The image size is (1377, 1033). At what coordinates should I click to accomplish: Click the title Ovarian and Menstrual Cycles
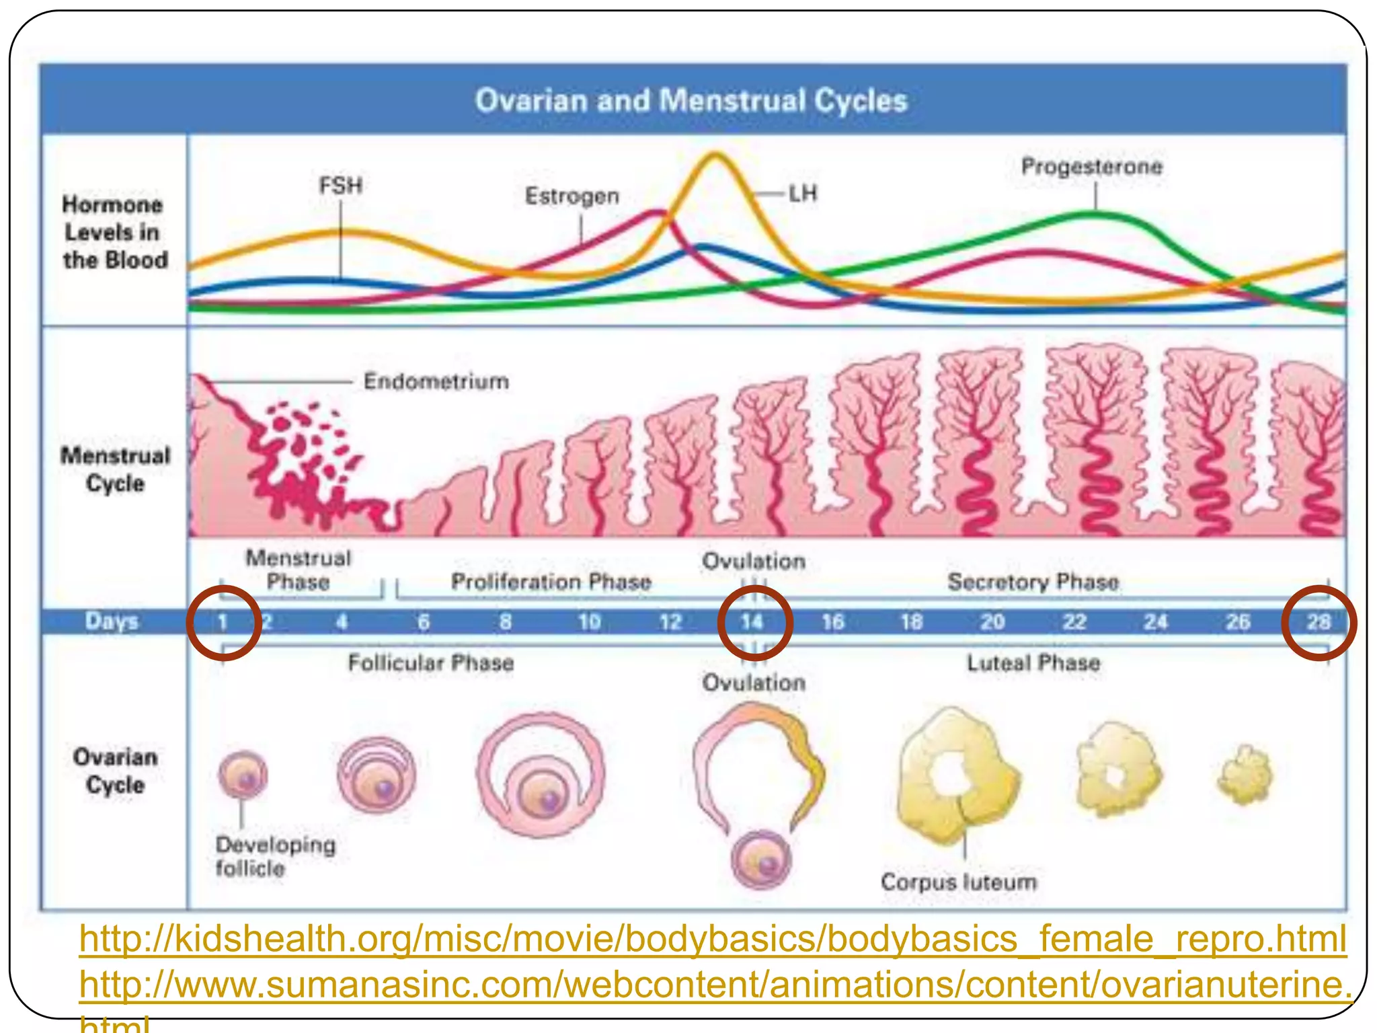click(x=691, y=101)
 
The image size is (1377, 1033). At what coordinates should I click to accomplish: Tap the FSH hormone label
click(x=340, y=186)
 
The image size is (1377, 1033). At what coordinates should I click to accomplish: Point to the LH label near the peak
click(x=803, y=194)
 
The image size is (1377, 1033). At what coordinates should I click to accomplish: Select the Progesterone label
click(x=1091, y=167)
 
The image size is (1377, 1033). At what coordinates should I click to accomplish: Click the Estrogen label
click(x=572, y=196)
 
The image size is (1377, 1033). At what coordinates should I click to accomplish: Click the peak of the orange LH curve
click(x=715, y=156)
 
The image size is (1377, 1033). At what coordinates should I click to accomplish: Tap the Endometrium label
click(x=436, y=381)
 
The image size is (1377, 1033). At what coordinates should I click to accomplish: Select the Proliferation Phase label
click(x=551, y=582)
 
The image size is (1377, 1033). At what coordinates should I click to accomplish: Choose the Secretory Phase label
click(x=1033, y=582)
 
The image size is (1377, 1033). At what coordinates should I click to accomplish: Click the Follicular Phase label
click(x=430, y=663)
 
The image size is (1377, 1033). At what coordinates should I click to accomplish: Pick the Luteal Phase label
click(x=1033, y=663)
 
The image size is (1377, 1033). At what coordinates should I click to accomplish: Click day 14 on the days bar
click(x=752, y=622)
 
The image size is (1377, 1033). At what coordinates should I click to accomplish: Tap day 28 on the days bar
click(x=1319, y=622)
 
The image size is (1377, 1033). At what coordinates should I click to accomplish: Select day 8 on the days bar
click(x=506, y=622)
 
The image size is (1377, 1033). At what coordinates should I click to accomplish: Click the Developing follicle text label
click(x=275, y=856)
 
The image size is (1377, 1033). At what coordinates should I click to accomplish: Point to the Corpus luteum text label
click(x=959, y=882)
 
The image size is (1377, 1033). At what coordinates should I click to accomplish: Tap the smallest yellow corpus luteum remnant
click(x=1245, y=775)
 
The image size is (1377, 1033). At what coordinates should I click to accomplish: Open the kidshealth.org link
click(x=713, y=939)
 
